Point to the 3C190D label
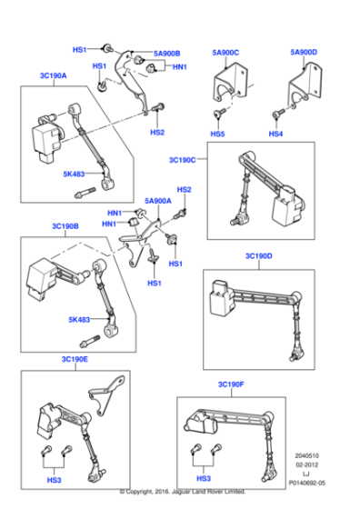[x=258, y=256]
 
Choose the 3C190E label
[x=75, y=359]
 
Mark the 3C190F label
[x=231, y=385]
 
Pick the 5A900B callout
[x=166, y=53]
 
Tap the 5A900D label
[x=304, y=53]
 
